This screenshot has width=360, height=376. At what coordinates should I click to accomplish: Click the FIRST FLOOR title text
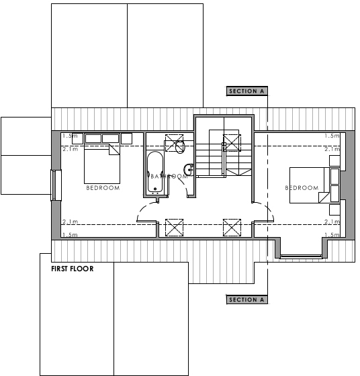(72, 269)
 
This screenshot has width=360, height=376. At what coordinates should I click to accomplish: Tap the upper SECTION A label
(247, 91)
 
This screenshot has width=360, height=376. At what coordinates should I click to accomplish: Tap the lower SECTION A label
(247, 299)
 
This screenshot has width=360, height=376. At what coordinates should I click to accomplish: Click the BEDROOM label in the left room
(103, 188)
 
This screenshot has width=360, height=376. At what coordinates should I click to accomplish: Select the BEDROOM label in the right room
(302, 188)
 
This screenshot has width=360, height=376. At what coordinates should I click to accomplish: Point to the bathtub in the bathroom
(154, 173)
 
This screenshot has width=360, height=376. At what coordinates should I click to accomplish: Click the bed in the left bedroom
(101, 164)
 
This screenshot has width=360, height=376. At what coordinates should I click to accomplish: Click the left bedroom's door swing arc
(146, 214)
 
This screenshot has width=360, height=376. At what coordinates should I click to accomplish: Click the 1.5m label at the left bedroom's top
(69, 136)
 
